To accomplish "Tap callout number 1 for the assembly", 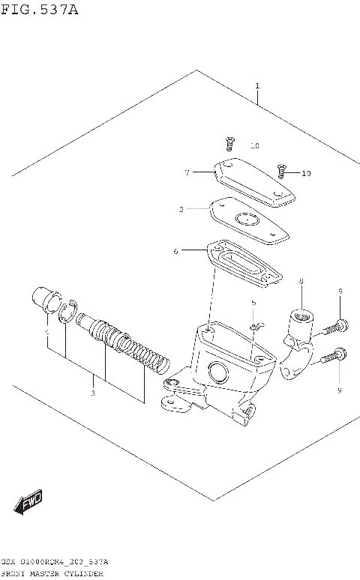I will [257, 87].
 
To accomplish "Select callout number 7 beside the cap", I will [187, 172].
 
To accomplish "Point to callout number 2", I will [181, 210].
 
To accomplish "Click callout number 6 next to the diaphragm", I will [175, 251].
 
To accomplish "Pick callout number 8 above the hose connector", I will [300, 282].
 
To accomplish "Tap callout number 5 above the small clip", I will [253, 303].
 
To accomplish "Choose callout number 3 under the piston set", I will [93, 393].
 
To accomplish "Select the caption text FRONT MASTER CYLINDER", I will [52, 573].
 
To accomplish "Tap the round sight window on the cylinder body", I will [218, 370].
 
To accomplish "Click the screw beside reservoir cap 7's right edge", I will [283, 170].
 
